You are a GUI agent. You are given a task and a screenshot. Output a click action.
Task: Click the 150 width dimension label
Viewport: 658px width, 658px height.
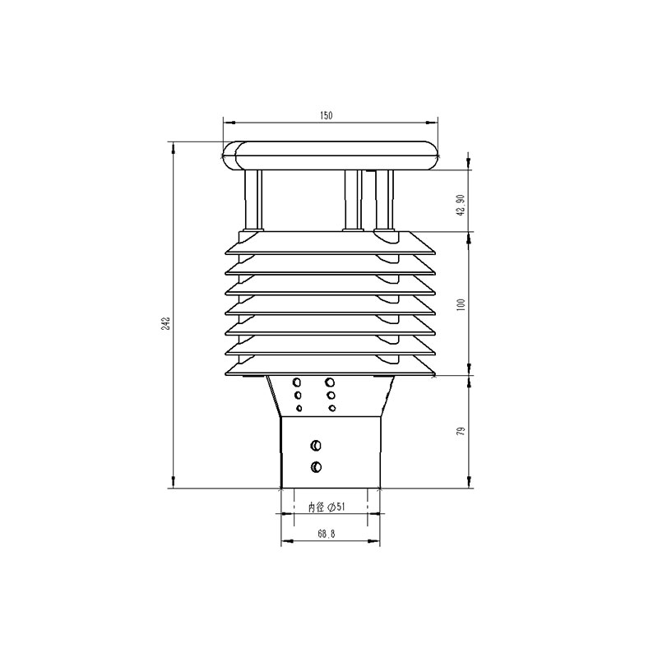coord(326,117)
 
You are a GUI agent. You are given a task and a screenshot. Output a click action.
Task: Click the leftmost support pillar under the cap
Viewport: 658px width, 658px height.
coord(253,200)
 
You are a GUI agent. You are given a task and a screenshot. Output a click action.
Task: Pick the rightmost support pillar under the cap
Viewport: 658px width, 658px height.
coord(382,200)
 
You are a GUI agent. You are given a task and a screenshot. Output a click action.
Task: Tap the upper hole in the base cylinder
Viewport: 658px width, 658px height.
coord(316,446)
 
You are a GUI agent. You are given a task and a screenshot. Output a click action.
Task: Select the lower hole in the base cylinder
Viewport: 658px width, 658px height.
coord(316,467)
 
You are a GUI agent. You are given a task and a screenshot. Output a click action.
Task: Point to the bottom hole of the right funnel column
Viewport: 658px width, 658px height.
coord(331,408)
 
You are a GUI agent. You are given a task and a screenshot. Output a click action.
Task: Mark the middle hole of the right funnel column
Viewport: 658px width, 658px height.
coord(331,396)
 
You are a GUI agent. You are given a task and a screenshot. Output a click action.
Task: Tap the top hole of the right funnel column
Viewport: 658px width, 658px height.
coord(331,382)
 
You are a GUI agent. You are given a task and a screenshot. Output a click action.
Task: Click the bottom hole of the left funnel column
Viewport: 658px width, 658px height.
coord(299,408)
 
